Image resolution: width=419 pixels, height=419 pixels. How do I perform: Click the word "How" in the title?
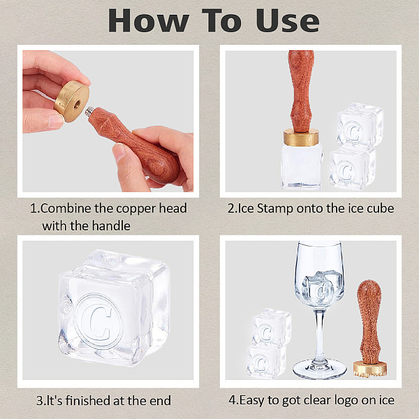[149, 21]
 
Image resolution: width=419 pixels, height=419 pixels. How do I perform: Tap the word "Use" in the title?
[288, 21]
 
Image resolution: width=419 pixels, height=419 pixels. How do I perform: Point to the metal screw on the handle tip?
[89, 111]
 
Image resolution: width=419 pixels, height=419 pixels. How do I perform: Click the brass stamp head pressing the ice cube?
[302, 137]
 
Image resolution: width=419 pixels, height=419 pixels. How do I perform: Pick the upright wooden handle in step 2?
[301, 91]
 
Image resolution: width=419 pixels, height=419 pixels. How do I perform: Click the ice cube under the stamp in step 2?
[302, 166]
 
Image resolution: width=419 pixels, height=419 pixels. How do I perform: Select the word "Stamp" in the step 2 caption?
[274, 209]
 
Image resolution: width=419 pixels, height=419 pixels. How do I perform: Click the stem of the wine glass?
[320, 335]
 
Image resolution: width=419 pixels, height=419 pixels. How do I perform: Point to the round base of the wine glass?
[320, 370]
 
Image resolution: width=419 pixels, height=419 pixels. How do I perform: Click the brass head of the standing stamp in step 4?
[370, 369]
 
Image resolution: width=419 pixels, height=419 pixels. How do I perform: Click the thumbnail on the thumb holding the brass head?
[56, 121]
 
